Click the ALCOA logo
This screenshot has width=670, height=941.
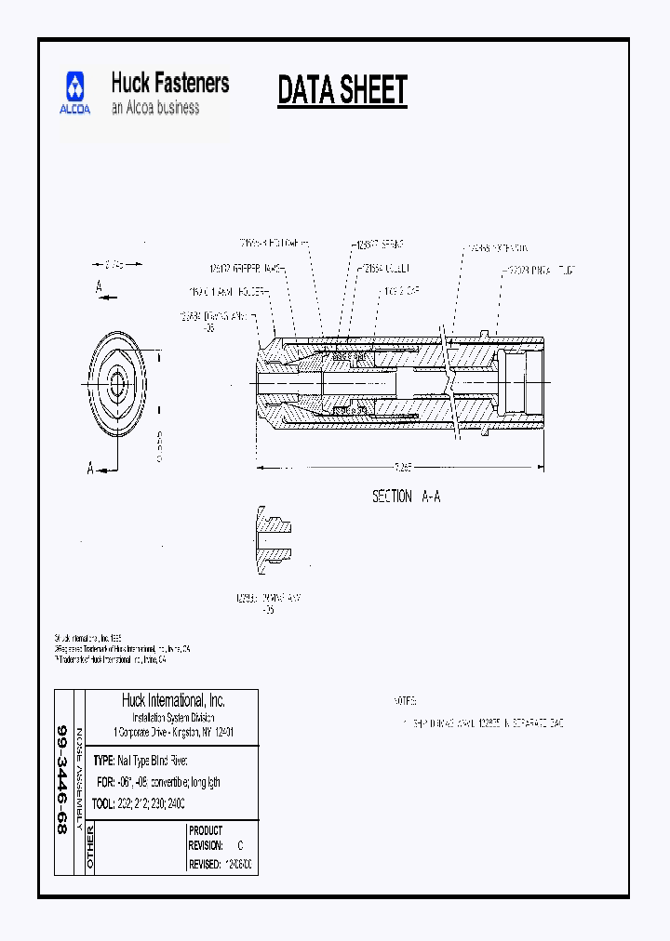[76, 94]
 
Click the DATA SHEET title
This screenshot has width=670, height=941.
[342, 91]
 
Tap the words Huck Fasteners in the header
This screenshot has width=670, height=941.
[169, 83]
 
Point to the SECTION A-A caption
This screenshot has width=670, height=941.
[406, 497]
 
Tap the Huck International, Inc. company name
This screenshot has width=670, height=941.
[173, 700]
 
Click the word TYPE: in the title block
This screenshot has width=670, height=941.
[104, 760]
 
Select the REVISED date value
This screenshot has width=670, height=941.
[238, 864]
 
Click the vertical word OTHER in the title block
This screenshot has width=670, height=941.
[90, 846]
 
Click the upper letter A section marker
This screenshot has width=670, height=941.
[99, 288]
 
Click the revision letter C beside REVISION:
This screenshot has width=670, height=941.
[240, 846]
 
